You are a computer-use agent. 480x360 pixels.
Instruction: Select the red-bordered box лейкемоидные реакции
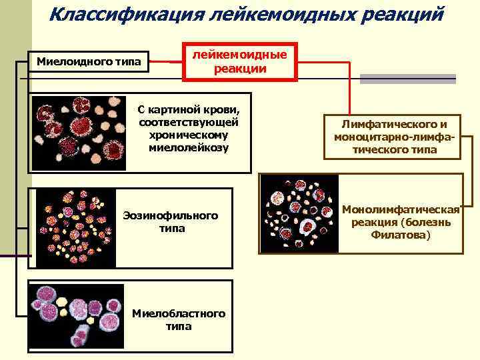[240, 62]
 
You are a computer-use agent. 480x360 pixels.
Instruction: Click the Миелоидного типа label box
[89, 63]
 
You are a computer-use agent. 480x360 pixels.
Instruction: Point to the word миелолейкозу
[189, 147]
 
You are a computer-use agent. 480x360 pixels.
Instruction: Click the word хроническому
[189, 134]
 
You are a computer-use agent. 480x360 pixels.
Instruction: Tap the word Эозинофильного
[171, 215]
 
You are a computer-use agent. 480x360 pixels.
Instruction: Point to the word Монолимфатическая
[401, 209]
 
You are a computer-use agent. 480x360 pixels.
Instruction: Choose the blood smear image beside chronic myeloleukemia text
[79, 131]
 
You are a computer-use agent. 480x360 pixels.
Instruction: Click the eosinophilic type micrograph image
[74, 227]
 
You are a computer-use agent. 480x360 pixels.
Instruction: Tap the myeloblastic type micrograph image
[76, 315]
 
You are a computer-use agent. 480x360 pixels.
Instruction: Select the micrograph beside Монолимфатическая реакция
[298, 213]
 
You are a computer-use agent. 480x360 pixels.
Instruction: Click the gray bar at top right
[407, 79]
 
